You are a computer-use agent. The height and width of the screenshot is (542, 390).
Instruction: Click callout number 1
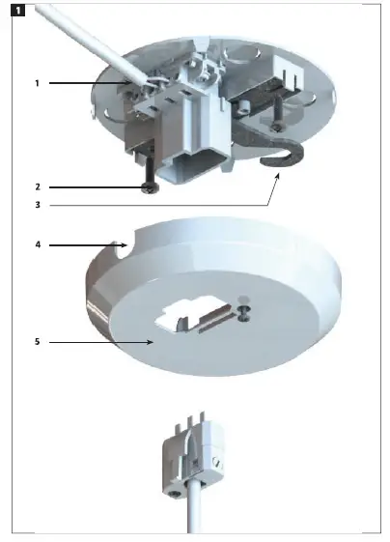coord(37,84)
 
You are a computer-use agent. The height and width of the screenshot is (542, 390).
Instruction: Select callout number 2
coord(37,186)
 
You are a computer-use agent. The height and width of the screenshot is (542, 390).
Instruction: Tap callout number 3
coord(37,205)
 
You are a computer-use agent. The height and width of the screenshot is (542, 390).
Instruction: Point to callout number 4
coord(37,245)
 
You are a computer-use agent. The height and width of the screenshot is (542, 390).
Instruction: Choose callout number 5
coord(37,342)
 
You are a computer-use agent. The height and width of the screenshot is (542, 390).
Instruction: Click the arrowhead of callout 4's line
coord(125,245)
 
